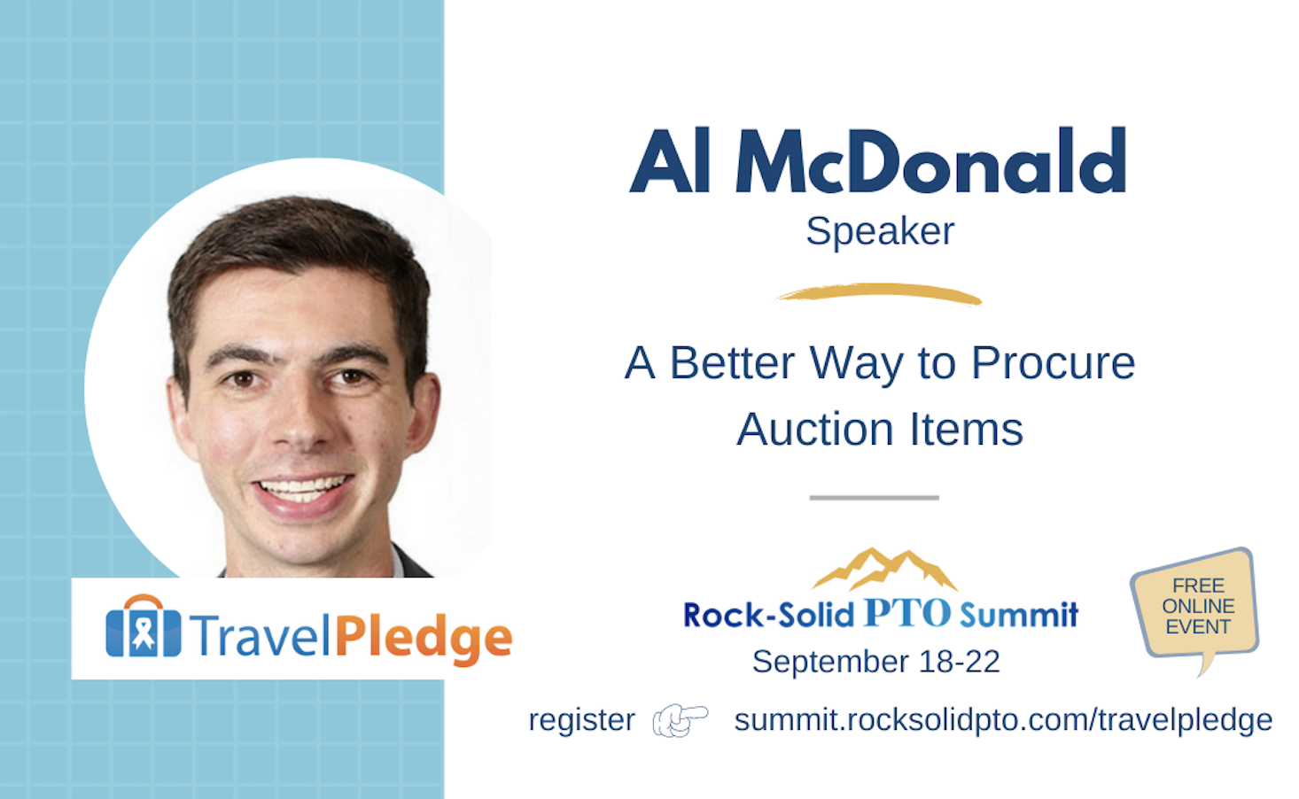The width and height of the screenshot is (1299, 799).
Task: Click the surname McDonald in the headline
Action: pyautogui.click(x=930, y=160)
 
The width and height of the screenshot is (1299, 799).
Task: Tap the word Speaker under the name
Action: pyautogui.click(x=880, y=232)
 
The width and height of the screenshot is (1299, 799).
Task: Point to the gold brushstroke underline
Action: pyautogui.click(x=879, y=293)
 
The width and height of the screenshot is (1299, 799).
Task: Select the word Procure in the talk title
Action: pyautogui.click(x=1054, y=364)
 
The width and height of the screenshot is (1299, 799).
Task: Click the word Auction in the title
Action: pyautogui.click(x=815, y=430)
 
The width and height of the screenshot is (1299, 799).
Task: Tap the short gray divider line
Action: pyautogui.click(x=874, y=498)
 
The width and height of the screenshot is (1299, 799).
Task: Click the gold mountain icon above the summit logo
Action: pyautogui.click(x=885, y=569)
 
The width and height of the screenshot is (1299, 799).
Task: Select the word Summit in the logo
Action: pyautogui.click(x=1019, y=614)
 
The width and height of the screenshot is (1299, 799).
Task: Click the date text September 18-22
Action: pyautogui.click(x=876, y=662)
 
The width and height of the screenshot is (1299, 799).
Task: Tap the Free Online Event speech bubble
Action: pyautogui.click(x=1197, y=606)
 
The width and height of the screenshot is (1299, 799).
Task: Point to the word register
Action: pyautogui.click(x=581, y=721)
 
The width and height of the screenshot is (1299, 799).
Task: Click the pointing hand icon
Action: pyautogui.click(x=681, y=721)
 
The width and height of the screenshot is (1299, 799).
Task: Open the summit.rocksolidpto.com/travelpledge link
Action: pyautogui.click(x=1003, y=721)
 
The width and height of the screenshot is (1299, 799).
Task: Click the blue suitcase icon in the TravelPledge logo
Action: pyautogui.click(x=144, y=626)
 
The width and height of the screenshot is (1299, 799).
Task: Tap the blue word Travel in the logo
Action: pyautogui.click(x=260, y=636)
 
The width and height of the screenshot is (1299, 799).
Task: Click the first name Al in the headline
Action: pyautogui.click(x=671, y=160)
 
